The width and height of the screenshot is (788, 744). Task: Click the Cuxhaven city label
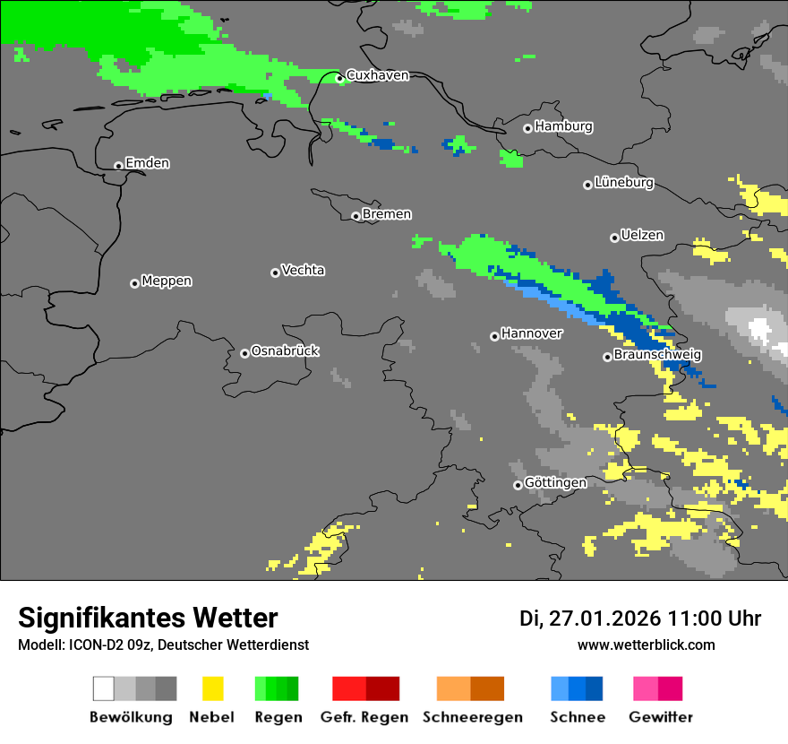click(x=377, y=75)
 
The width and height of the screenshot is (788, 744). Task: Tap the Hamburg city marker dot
click(x=527, y=128)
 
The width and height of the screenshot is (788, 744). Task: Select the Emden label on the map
click(x=147, y=163)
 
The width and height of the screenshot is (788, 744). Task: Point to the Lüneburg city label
click(x=624, y=183)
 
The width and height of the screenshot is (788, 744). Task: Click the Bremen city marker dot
click(x=355, y=216)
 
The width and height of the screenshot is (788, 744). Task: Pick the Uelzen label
click(x=642, y=236)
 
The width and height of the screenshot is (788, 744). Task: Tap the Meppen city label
click(x=167, y=281)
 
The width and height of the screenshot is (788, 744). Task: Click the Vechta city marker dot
click(x=275, y=273)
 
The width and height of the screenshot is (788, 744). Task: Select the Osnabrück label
click(x=285, y=351)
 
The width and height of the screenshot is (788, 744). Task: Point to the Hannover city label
click(x=532, y=333)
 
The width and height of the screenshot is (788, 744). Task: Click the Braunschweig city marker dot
click(x=607, y=357)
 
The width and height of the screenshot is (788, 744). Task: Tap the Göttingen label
click(x=555, y=483)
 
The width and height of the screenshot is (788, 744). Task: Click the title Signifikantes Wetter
click(x=148, y=619)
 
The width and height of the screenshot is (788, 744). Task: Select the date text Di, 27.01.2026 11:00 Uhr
click(x=640, y=619)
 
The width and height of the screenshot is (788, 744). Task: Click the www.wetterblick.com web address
click(x=647, y=645)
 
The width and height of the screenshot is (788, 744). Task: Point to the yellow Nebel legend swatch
click(x=212, y=688)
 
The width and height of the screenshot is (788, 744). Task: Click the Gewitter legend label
click(x=661, y=717)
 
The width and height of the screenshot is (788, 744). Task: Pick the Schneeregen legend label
click(x=473, y=717)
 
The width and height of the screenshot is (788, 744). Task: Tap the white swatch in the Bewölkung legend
click(x=104, y=688)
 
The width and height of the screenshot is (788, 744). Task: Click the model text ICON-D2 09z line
click(x=163, y=645)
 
